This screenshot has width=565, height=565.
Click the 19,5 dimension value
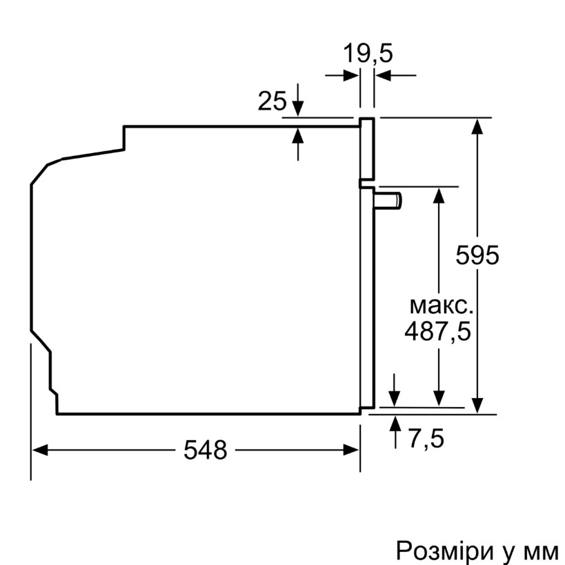[x=368, y=54]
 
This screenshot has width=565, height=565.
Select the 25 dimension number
[x=272, y=101]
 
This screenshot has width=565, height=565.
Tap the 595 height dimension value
[x=477, y=255]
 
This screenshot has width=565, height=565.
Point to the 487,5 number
[x=437, y=331]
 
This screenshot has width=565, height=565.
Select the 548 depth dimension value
[x=205, y=450]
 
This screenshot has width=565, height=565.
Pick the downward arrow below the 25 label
[x=298, y=108]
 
